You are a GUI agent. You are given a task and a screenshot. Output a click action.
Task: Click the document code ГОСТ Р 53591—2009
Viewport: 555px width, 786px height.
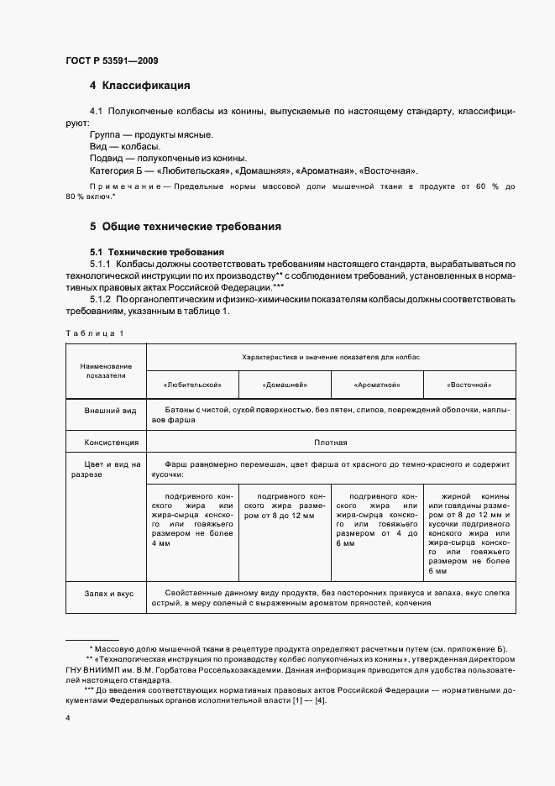tap(111, 60)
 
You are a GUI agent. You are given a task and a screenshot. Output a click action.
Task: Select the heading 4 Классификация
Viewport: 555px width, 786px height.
tap(139, 86)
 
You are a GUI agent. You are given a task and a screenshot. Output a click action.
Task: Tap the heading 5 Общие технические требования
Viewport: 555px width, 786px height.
tap(185, 227)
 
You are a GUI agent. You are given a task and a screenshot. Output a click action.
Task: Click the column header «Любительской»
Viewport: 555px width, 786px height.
tap(193, 385)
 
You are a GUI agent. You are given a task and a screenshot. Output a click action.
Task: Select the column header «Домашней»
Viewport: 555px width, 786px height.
tap(285, 385)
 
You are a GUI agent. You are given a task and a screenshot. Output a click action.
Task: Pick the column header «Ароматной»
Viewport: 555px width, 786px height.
tap(378, 385)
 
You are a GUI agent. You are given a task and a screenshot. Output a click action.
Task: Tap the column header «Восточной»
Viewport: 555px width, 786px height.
tap(469, 385)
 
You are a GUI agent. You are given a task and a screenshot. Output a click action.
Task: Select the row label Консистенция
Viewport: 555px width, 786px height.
tap(109, 442)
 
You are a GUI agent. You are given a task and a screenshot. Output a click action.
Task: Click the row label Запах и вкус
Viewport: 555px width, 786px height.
tap(109, 593)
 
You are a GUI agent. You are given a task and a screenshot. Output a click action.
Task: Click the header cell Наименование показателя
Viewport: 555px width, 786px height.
tap(106, 371)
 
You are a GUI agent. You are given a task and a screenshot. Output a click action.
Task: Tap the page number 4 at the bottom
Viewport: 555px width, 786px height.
tap(67, 719)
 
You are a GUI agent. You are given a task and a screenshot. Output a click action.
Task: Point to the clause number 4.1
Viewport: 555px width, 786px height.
tap(96, 111)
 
